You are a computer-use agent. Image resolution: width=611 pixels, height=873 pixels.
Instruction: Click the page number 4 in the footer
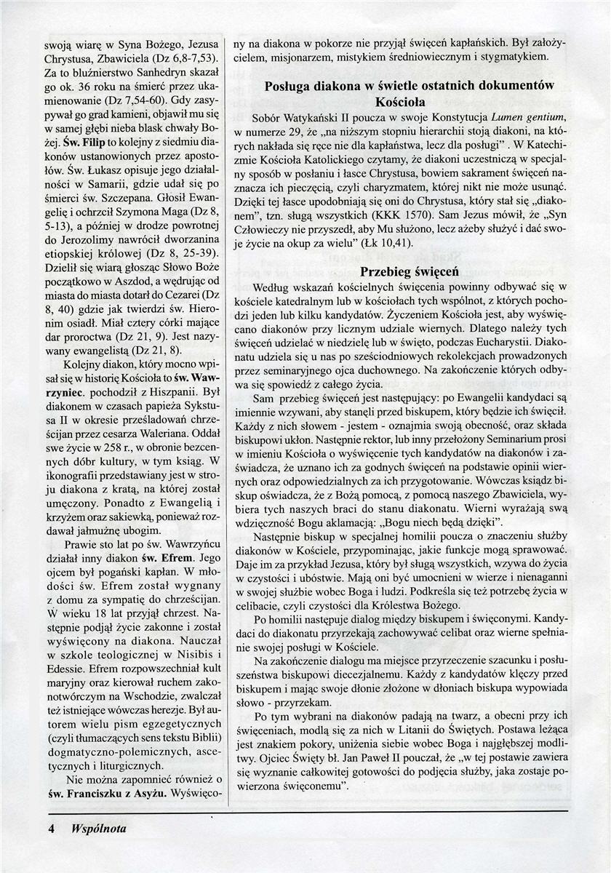tap(52, 828)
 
